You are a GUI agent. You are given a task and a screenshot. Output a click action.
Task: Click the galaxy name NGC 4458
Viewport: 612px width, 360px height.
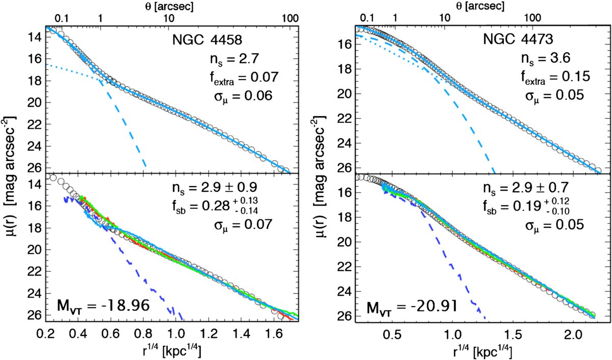[x=207, y=40]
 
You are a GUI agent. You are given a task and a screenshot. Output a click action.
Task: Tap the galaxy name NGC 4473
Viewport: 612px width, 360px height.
[x=518, y=39]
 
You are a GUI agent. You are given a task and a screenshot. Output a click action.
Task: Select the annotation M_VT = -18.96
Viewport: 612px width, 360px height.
[x=103, y=305]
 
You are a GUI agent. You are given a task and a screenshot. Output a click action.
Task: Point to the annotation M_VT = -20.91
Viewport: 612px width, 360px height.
[x=412, y=307]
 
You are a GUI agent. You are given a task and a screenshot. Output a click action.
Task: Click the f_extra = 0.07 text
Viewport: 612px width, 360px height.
[x=244, y=78]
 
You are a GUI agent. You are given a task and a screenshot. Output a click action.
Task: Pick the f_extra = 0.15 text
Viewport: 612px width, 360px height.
[x=555, y=77]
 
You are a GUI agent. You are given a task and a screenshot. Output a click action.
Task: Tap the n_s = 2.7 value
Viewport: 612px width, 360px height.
[x=234, y=59]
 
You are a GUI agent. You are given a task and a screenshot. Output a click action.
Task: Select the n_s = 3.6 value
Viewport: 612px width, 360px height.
[x=546, y=59]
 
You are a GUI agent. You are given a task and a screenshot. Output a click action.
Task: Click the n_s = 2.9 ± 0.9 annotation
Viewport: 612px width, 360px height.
[x=215, y=188]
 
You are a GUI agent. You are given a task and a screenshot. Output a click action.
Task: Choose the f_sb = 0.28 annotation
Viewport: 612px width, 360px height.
[x=215, y=205]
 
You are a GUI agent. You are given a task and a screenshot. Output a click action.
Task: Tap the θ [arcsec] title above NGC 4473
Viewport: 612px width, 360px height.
[x=480, y=6]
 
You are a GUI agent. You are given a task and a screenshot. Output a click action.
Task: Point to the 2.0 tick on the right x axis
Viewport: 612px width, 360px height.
[x=574, y=335]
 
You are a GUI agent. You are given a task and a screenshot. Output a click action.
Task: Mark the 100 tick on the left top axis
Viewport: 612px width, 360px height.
[x=290, y=18]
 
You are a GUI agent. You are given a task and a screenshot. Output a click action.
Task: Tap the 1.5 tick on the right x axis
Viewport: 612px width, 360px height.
[x=514, y=335]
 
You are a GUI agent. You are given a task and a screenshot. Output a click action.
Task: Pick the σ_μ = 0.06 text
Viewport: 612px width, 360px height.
[x=243, y=96]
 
